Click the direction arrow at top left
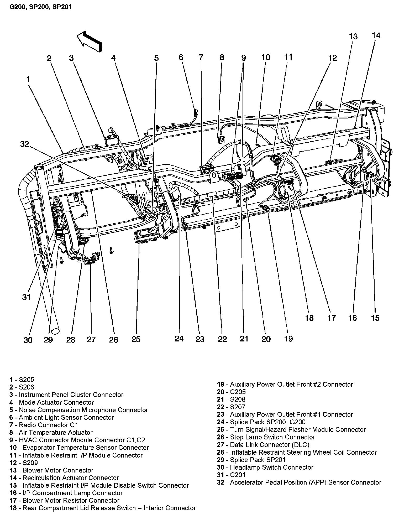point(89,41)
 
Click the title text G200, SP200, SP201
point(41,6)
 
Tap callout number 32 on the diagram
point(25,144)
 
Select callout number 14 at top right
point(376,35)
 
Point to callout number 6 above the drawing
point(181,57)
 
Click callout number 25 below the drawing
point(136,339)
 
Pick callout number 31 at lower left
point(26,297)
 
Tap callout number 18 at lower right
point(309,318)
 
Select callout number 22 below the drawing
point(222,339)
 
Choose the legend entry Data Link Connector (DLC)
point(263,445)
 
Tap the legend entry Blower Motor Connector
point(51,470)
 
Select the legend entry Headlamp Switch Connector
point(265,467)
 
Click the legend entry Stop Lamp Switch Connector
point(266,437)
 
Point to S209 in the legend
point(24,463)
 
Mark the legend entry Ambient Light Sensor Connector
point(62,417)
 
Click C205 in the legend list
point(231,392)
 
